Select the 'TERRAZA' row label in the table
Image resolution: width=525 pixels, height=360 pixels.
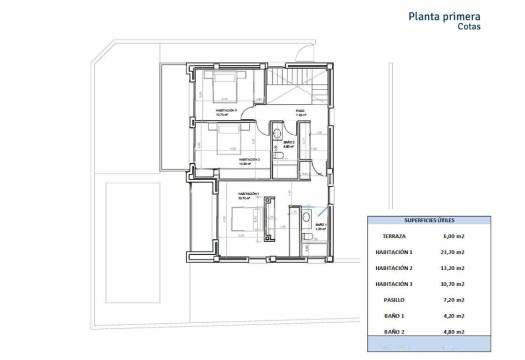click(399, 237)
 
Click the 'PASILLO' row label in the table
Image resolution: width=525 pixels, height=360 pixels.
click(399, 299)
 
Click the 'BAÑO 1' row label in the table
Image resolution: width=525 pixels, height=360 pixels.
click(399, 315)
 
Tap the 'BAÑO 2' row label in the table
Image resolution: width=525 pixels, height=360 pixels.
click(399, 330)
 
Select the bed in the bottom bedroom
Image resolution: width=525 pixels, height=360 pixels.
click(243, 219)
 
